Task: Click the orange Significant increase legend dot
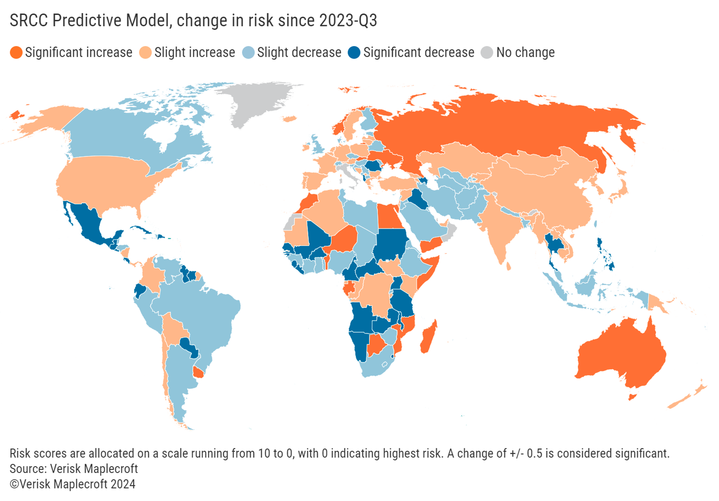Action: click(x=16, y=52)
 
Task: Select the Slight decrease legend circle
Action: click(x=248, y=52)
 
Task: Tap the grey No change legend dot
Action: click(x=487, y=52)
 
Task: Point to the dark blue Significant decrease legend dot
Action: click(x=354, y=52)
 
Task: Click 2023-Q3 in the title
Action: click(x=348, y=21)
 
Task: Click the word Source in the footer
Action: click(x=28, y=469)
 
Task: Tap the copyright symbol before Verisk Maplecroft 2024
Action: click(x=14, y=484)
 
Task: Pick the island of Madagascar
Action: click(x=428, y=337)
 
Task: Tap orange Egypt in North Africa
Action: click(x=389, y=216)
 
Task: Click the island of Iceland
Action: click(x=289, y=119)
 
